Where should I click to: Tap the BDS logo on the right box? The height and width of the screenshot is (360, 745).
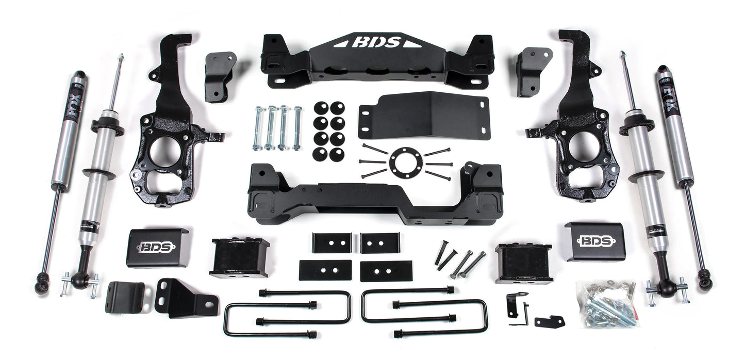pyautogui.click(x=595, y=241)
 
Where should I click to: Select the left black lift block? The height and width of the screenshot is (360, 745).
pyautogui.click(x=231, y=257)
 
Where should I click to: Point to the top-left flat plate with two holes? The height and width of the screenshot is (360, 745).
pyautogui.click(x=332, y=242)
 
